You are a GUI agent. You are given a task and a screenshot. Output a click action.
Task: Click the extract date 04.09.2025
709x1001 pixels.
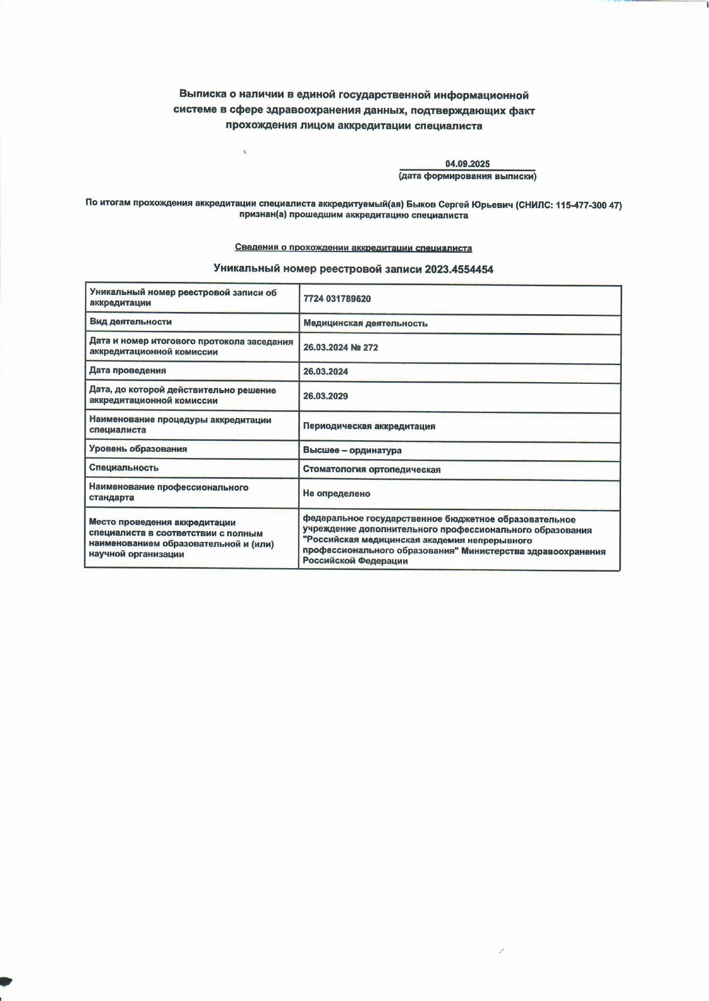468,164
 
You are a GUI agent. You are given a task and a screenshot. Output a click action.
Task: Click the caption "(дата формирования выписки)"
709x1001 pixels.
468,176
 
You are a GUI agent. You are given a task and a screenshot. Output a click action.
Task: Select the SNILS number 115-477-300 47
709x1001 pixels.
587,205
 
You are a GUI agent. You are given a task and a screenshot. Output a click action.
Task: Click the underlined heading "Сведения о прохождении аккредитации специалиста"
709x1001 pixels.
353,248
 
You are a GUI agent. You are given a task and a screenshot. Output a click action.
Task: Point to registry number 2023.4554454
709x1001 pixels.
459,269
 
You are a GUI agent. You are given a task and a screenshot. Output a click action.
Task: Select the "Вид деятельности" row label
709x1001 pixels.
131,322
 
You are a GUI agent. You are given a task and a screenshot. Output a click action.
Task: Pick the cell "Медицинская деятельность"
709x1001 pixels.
365,323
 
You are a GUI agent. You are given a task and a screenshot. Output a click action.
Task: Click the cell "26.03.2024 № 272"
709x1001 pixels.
341,347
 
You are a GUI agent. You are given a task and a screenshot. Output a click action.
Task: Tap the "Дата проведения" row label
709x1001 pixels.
128,370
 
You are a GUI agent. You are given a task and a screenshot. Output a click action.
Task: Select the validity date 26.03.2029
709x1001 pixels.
325,396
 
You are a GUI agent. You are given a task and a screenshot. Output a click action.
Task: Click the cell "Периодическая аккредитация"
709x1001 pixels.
369,426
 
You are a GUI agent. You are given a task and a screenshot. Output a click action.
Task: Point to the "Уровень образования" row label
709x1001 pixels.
138,449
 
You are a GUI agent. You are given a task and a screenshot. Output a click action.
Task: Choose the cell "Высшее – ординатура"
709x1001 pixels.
352,450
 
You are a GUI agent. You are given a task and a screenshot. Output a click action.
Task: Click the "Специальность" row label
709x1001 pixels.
124,468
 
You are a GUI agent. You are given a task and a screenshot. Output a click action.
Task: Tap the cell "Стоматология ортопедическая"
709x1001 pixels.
372,469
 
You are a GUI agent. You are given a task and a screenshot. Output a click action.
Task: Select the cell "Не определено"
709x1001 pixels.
336,493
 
